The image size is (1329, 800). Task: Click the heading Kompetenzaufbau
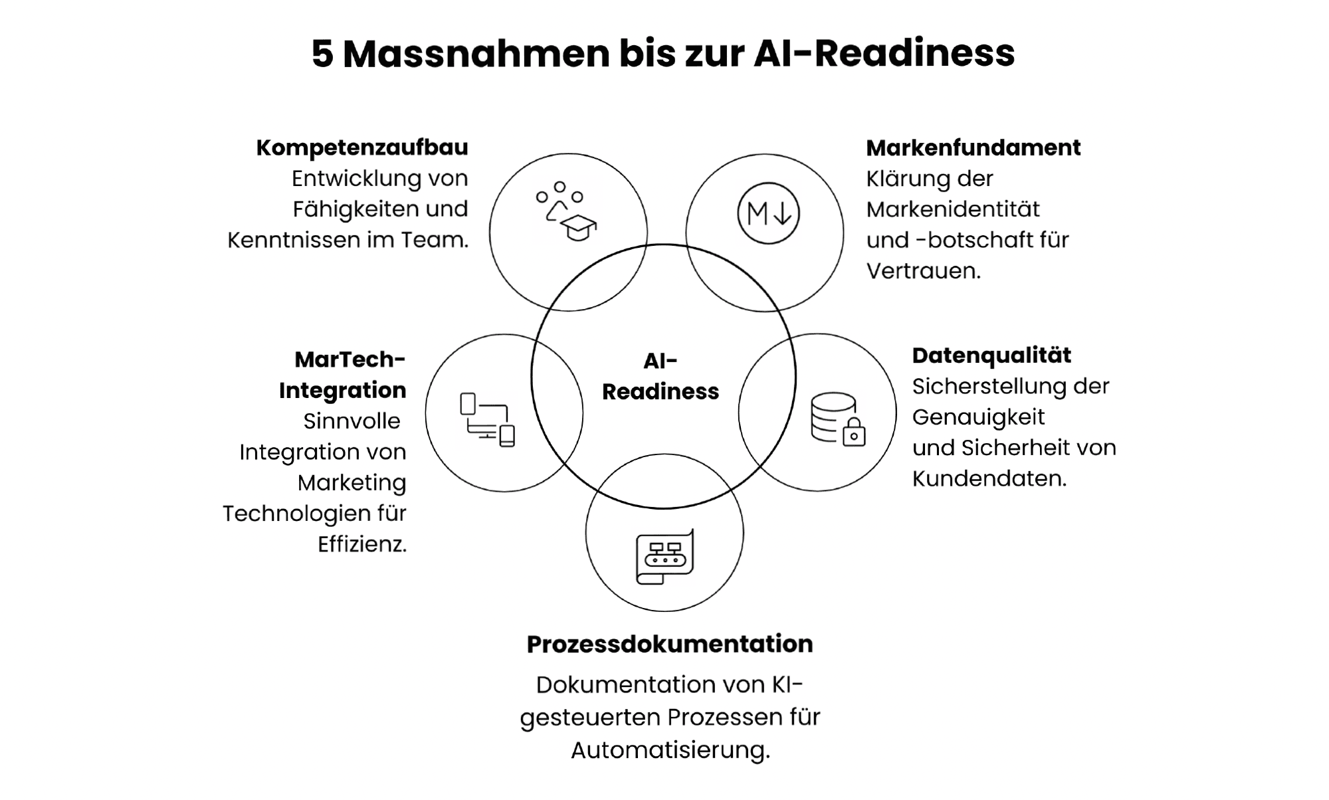tap(362, 148)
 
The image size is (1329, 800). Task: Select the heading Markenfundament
tap(973, 148)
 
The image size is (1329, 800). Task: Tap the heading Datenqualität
tap(991, 355)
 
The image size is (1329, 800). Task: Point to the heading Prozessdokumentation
tap(670, 644)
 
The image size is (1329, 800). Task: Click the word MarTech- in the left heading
tap(350, 359)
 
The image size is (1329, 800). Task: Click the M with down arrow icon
tap(768, 213)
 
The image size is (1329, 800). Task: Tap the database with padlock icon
tap(838, 419)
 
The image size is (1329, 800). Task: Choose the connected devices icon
tap(488, 420)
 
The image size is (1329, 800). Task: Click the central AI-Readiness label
tap(661, 376)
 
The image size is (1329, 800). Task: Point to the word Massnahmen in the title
tap(476, 54)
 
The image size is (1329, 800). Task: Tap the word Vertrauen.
tap(923, 271)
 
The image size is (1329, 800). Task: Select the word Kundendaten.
tap(989, 478)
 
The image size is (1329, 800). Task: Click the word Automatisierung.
tap(670, 750)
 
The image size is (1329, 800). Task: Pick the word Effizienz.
tap(361, 544)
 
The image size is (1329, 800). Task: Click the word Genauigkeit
tap(978, 417)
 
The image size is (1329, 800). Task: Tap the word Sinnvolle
tap(352, 421)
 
